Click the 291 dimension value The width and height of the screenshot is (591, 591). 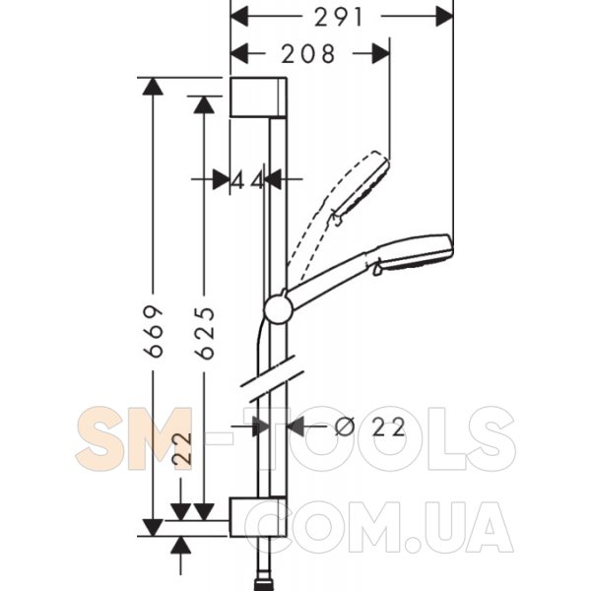[338, 18]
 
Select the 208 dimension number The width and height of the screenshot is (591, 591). [308, 53]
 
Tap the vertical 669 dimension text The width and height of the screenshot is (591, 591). [154, 331]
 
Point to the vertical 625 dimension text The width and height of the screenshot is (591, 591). [205, 333]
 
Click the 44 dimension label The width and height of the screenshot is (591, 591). [247, 180]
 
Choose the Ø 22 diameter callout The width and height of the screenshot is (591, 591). [369, 427]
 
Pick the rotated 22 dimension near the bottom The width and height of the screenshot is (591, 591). [182, 449]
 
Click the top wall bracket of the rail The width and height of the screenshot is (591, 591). [258, 98]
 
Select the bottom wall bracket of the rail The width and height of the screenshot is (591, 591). [258, 516]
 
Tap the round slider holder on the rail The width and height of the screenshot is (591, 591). [279, 309]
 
